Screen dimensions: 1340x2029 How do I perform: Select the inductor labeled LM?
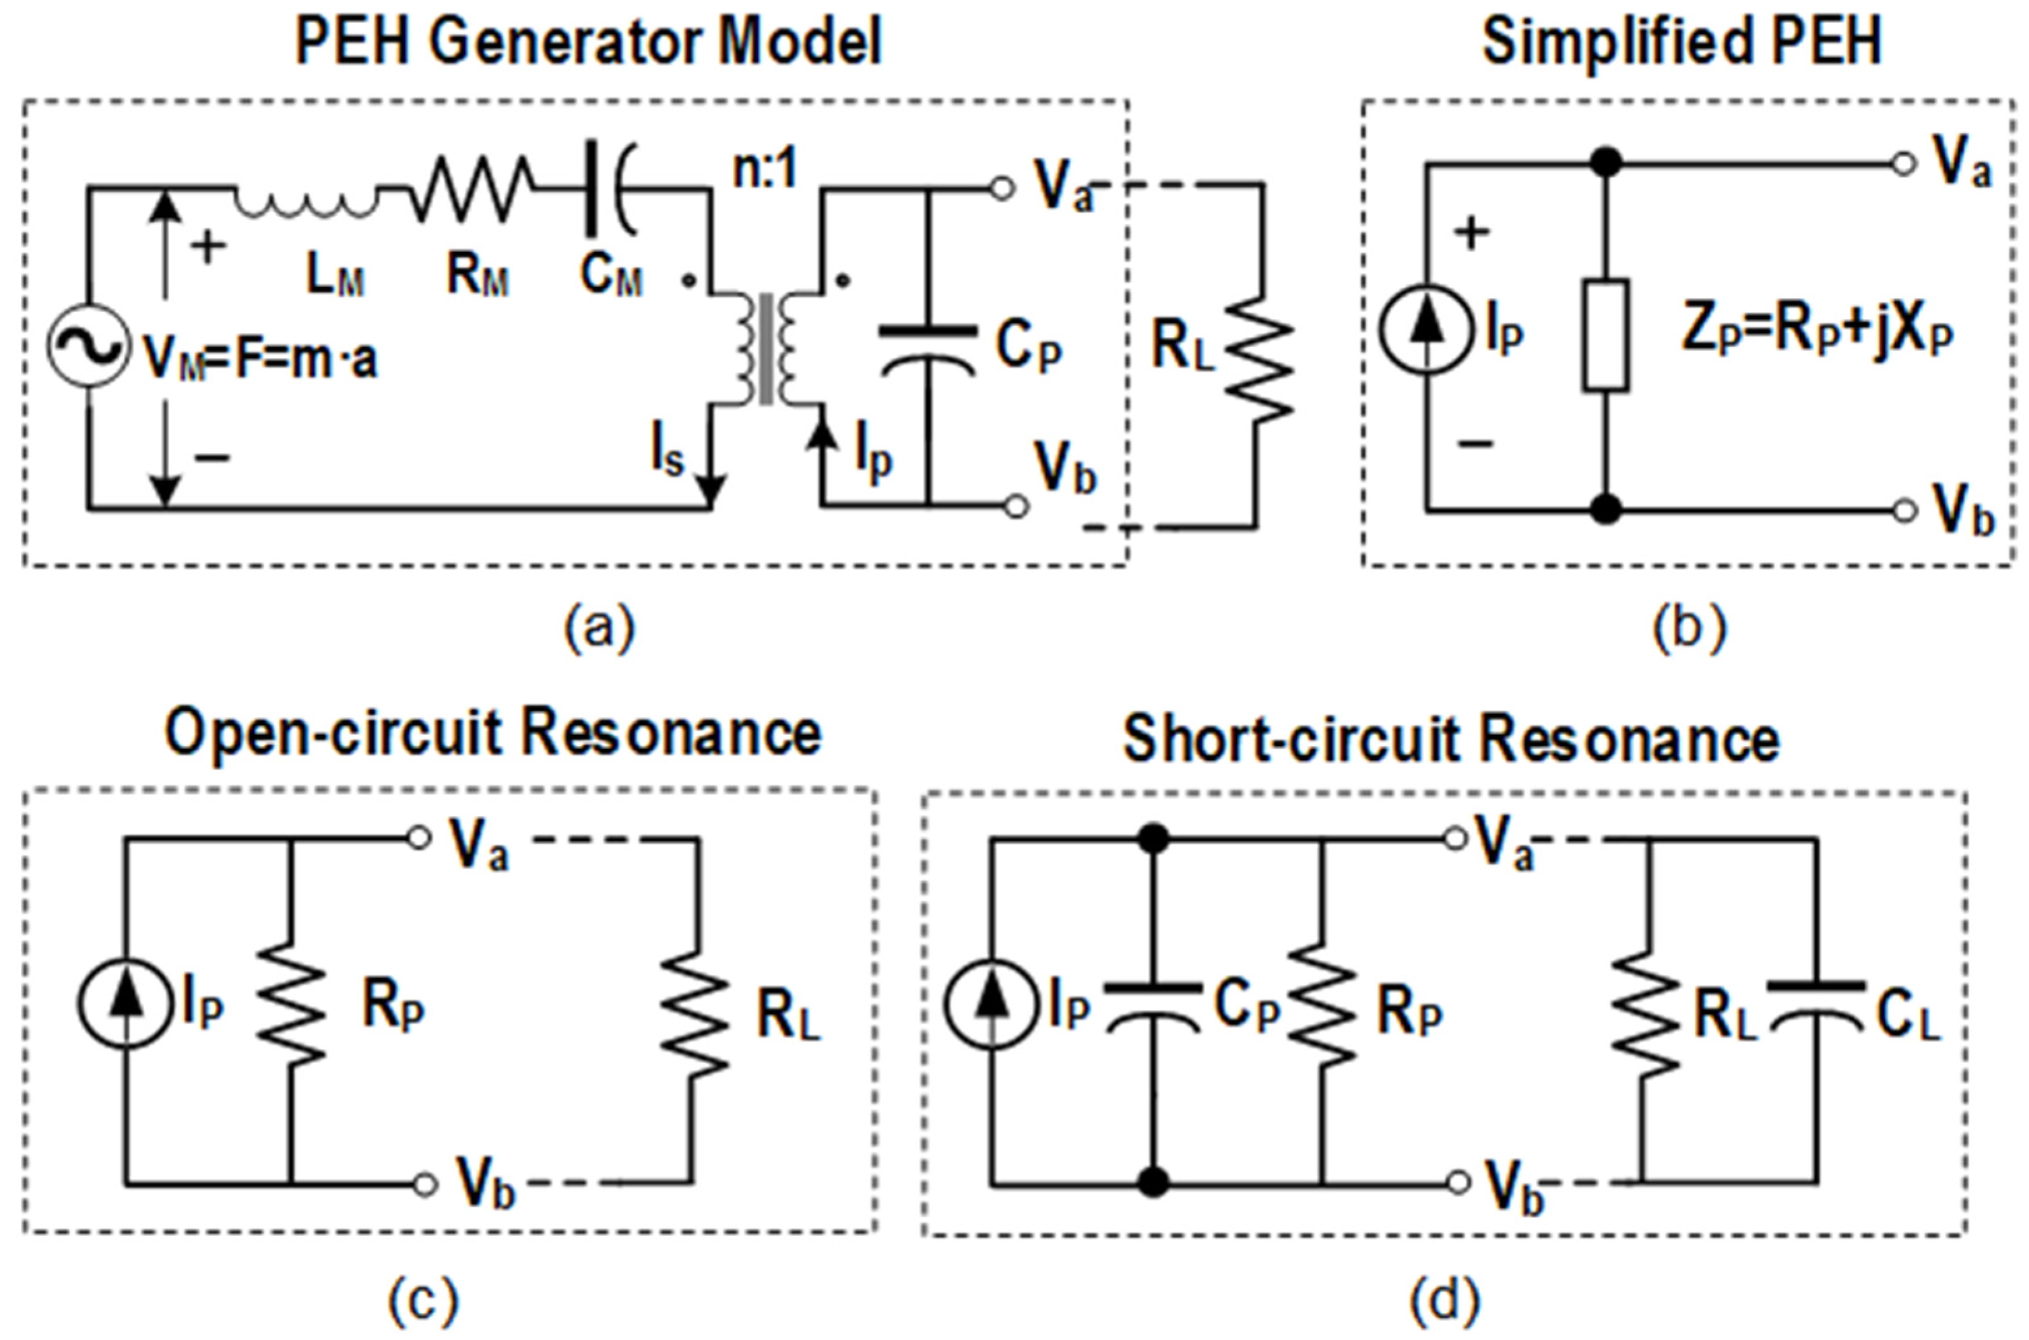click(x=305, y=204)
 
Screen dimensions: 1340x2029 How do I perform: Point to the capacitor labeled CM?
click(x=609, y=190)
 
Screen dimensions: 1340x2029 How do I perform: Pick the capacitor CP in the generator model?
click(x=929, y=351)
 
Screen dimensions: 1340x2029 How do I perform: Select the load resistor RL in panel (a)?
click(x=1259, y=357)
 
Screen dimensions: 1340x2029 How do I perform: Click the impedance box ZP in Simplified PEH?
click(x=1605, y=335)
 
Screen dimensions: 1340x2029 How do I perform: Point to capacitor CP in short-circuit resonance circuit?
click(x=1154, y=1008)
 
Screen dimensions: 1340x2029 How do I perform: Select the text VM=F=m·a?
click(x=260, y=357)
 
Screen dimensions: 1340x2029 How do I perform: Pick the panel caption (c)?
click(x=423, y=1301)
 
